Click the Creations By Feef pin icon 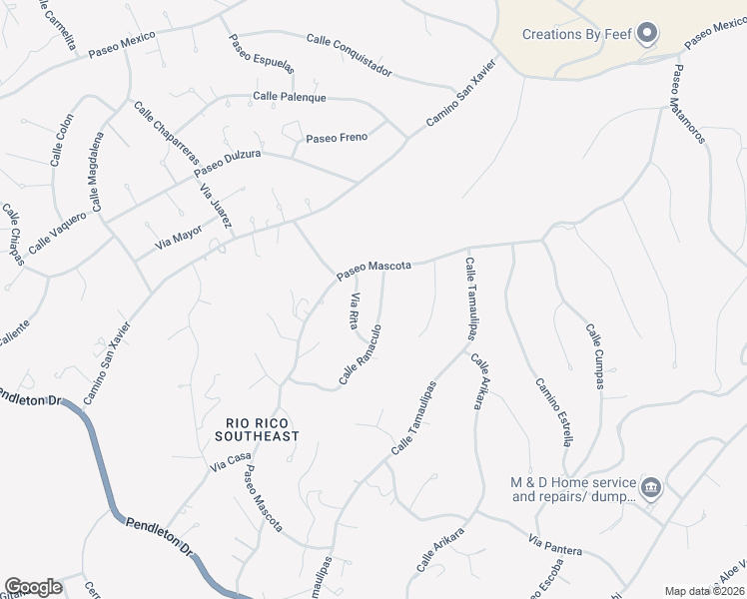pos(647,35)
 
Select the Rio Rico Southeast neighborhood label pos(257,429)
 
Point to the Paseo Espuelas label pos(261,54)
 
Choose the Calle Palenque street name pos(290,97)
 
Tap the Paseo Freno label pos(337,138)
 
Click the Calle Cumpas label pos(596,356)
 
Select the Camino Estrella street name pos(553,411)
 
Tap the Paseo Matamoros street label pos(688,104)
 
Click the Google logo pos(33,586)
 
